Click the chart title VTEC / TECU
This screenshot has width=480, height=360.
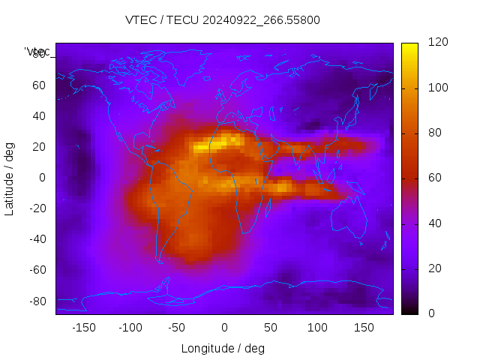[223, 20]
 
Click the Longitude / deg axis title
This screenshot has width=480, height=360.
[223, 349]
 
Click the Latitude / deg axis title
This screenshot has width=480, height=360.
[10, 178]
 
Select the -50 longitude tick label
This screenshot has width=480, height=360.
[177, 328]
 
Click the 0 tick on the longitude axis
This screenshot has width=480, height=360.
[223, 328]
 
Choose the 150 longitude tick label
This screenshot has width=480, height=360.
[364, 328]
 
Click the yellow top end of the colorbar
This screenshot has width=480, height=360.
[409, 47]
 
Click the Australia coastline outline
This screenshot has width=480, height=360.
[364, 217]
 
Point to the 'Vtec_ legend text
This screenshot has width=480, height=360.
[37, 52]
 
